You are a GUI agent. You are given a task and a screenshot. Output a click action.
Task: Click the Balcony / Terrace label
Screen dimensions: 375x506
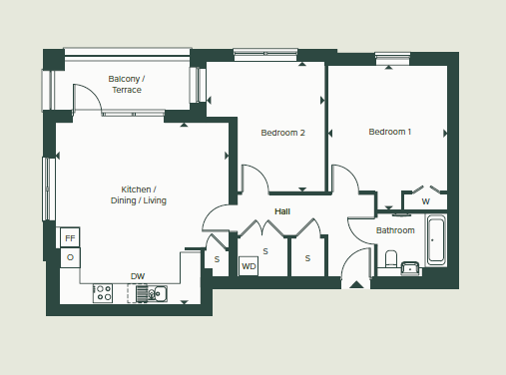127,84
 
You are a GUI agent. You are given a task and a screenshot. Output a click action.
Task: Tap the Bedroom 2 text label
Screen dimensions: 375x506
282,133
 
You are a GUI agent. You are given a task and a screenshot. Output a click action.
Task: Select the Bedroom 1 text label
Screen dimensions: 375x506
389,132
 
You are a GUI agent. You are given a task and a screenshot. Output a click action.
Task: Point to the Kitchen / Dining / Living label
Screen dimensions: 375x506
139,195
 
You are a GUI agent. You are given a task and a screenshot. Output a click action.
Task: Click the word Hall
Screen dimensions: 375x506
282,211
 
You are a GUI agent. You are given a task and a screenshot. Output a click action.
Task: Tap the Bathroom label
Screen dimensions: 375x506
395,230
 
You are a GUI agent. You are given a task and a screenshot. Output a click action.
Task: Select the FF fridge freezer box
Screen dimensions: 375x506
70,238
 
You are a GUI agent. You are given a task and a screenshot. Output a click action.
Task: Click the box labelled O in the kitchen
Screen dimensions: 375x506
70,257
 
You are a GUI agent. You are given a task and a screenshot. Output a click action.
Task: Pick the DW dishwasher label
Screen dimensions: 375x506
137,277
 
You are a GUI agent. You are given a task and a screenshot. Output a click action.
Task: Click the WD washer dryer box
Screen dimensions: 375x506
249,266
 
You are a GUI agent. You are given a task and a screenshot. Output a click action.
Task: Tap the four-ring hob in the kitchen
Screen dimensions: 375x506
103,293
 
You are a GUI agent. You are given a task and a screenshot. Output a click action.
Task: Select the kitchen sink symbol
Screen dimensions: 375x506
153,293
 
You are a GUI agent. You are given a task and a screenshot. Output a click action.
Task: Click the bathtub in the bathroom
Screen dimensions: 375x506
436,242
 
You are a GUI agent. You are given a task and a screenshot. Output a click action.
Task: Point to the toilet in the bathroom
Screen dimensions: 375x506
391,260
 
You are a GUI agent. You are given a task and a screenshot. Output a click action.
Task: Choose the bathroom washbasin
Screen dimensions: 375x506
410,266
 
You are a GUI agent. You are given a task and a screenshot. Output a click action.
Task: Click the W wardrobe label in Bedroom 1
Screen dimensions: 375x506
425,202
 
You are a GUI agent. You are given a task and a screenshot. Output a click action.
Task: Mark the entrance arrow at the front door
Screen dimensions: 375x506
355,284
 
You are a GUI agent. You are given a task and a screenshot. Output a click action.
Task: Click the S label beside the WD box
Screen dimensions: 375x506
265,251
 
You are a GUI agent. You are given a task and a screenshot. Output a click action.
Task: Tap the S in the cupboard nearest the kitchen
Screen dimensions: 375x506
217,259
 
